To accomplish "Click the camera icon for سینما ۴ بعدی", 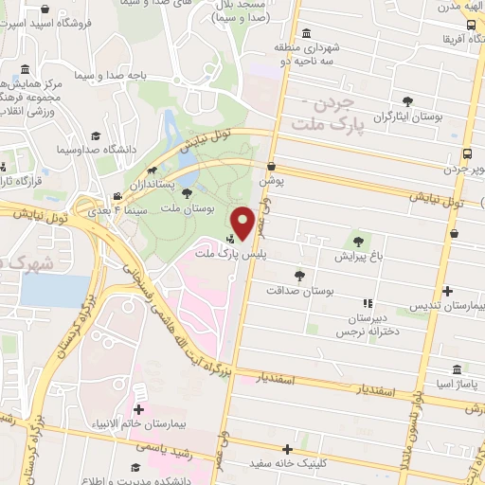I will pyautogui.click(x=117, y=197).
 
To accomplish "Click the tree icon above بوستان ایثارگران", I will pyautogui.click(x=407, y=100).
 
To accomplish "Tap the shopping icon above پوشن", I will pyautogui.click(x=270, y=163).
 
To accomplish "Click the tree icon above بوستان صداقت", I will pyautogui.click(x=300, y=275).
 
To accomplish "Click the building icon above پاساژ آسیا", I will pyautogui.click(x=458, y=368).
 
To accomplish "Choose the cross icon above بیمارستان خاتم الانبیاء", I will pyautogui.click(x=140, y=410).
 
